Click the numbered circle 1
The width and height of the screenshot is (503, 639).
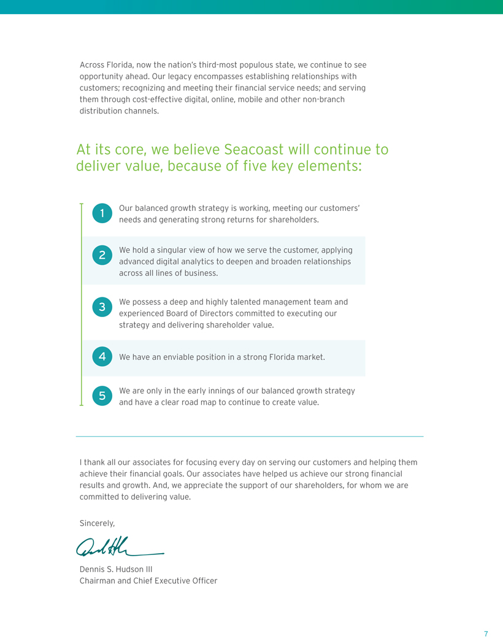(x=102, y=213)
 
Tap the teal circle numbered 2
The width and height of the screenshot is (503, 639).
(x=102, y=255)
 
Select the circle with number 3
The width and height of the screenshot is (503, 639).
(x=102, y=307)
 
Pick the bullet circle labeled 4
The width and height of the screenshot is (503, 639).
(x=102, y=356)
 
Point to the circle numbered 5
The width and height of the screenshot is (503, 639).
(x=102, y=396)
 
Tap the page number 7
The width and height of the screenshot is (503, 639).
(x=486, y=633)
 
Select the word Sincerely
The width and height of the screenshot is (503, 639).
(x=97, y=523)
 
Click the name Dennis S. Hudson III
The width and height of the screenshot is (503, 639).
(x=117, y=569)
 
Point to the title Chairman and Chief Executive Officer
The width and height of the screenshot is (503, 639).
(x=148, y=580)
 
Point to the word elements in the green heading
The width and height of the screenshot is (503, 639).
(x=329, y=166)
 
